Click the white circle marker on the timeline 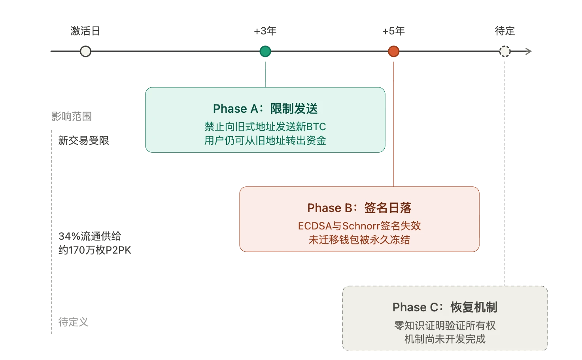[85, 51]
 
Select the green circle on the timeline [265, 51]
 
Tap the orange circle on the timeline [393, 51]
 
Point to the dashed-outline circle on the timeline [505, 51]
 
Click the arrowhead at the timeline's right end [529, 51]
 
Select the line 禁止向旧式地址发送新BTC [265, 127]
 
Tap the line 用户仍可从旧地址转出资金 [265, 140]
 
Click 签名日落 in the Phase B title [387, 208]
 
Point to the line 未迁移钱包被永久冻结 [359, 240]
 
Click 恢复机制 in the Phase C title [474, 307]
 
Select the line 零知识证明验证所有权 [445, 326]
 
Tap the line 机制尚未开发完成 [445, 339]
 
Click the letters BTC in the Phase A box [316, 127]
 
